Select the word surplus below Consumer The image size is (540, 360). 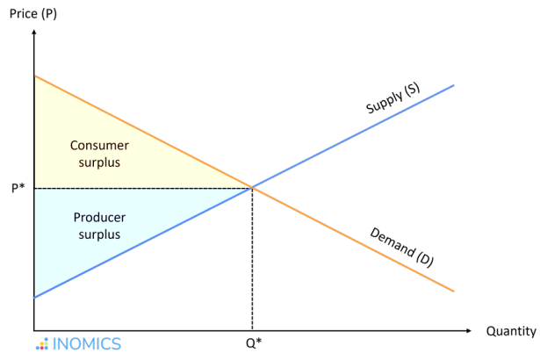(97, 162)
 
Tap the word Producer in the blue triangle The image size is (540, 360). (97, 219)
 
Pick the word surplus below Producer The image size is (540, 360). (97, 235)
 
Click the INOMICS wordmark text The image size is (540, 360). (87, 343)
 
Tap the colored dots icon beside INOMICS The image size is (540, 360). (41, 344)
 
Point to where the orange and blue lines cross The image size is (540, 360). (253, 187)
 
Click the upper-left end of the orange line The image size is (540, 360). (36, 77)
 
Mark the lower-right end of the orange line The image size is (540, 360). (453, 291)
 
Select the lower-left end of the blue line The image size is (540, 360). (36, 297)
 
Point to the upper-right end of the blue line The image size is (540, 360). (453, 85)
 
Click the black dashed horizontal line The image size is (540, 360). (140, 188)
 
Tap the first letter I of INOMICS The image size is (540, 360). (54, 343)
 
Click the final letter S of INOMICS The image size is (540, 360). (116, 343)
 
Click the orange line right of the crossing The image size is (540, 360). (351, 238)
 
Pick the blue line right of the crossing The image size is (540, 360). (351, 137)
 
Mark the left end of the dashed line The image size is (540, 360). (37, 188)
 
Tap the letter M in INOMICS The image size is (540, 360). (85, 343)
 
